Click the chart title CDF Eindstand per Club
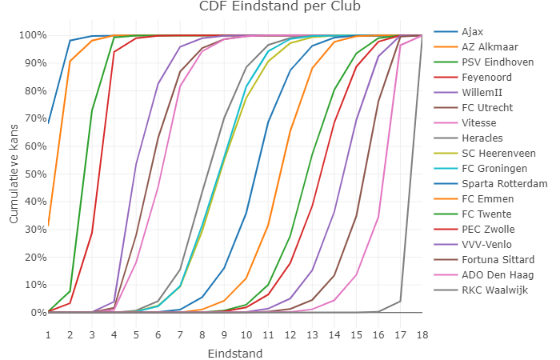279,7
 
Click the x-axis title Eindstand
234,353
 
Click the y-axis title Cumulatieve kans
14,174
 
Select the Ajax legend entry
472,32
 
